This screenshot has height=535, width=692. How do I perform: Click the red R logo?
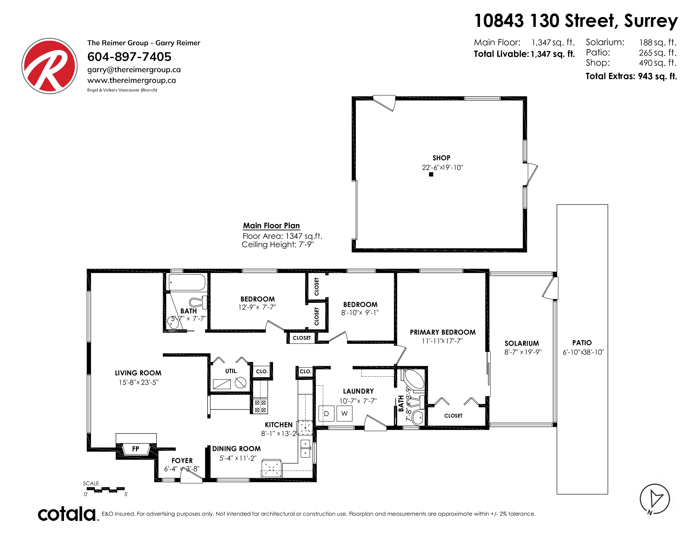(49, 66)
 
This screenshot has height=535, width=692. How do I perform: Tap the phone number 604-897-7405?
(129, 57)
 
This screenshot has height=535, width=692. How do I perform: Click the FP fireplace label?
(136, 449)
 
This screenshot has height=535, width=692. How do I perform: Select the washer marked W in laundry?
(344, 413)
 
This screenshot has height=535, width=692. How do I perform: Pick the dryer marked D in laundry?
(326, 413)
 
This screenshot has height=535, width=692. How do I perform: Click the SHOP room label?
(441, 158)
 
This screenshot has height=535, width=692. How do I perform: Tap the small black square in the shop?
(431, 174)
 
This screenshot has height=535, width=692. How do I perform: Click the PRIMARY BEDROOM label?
(443, 332)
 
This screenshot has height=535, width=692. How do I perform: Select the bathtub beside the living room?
(187, 282)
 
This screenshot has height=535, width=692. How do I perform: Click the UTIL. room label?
(231, 371)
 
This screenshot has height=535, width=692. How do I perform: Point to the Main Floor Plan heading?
(271, 226)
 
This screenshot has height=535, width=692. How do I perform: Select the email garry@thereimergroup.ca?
(134, 70)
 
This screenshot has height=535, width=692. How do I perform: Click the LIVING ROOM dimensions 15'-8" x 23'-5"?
(138, 382)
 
